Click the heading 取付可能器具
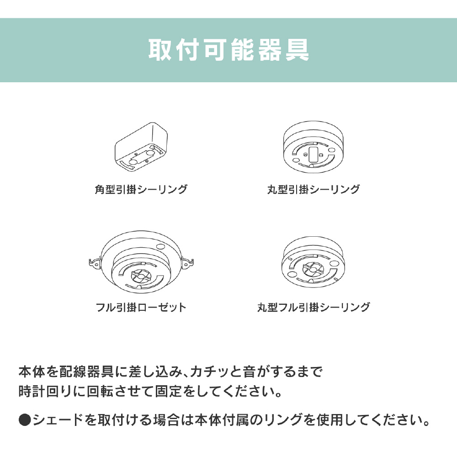pyautogui.click(x=228, y=50)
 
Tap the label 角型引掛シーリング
pyautogui.click(x=141, y=190)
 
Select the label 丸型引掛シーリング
pyautogui.click(x=314, y=190)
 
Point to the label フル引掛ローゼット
pyautogui.click(x=141, y=307)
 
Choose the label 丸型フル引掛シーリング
pyautogui.click(x=314, y=307)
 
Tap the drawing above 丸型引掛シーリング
pyautogui.click(x=314, y=147)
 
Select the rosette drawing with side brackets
pyautogui.click(x=141, y=262)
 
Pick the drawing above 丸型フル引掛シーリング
pyautogui.click(x=313, y=261)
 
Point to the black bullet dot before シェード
pyautogui.click(x=25, y=420)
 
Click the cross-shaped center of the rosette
pyautogui.click(x=141, y=276)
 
